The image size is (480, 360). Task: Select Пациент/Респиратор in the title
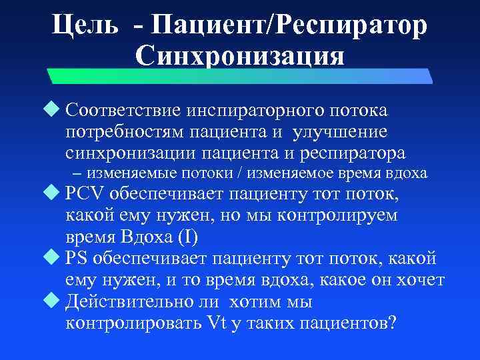click(289, 25)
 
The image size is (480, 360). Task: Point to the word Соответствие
click(124, 109)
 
